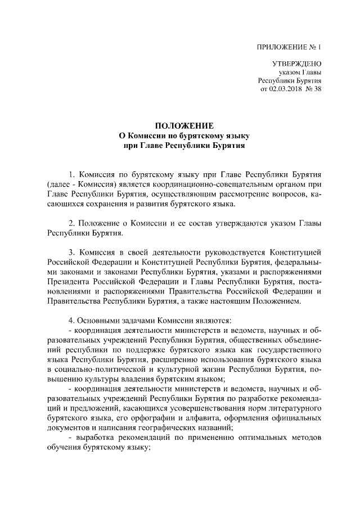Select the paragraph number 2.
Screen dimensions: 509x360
pyautogui.click(x=71, y=223)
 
